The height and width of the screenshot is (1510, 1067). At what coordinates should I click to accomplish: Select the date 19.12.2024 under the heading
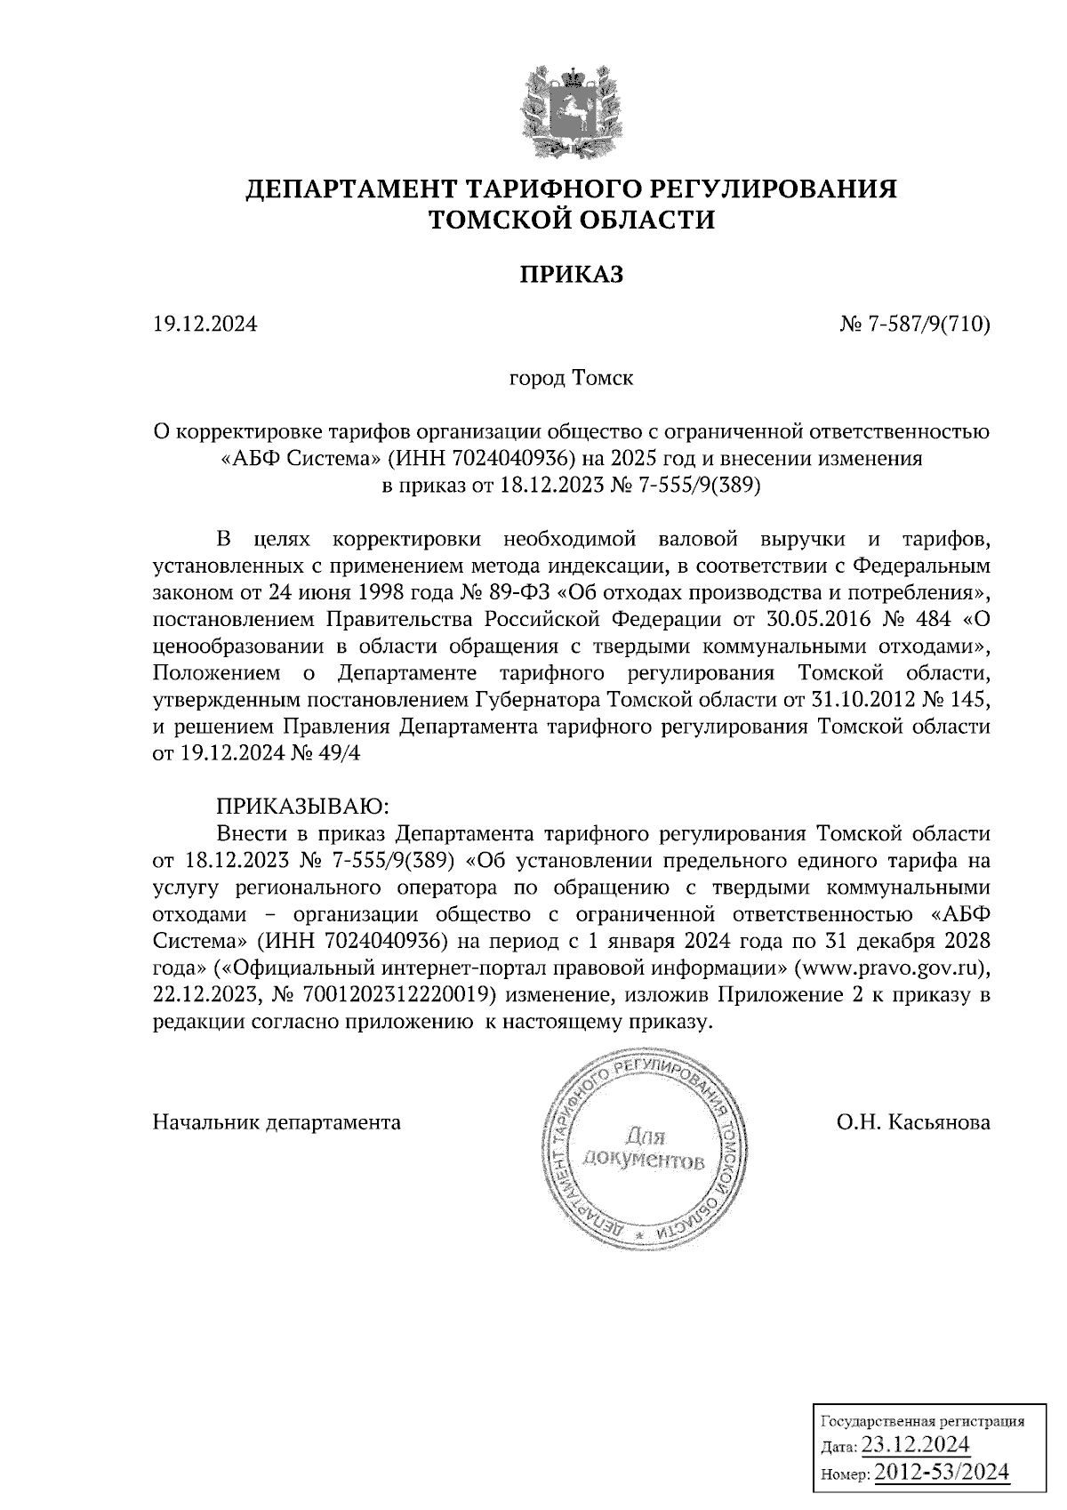[205, 325]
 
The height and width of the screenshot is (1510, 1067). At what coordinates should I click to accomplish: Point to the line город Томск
[571, 379]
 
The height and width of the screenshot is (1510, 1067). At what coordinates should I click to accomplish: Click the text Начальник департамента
[277, 1122]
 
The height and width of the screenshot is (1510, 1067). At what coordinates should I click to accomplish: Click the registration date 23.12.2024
[916, 1443]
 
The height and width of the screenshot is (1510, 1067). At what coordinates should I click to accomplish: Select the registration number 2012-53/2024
[942, 1473]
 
